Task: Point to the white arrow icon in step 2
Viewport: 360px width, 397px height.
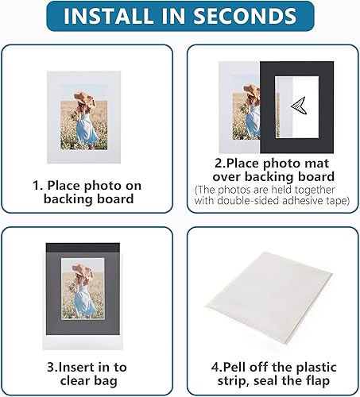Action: pos(298,106)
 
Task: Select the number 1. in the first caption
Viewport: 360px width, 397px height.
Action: pos(37,185)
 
